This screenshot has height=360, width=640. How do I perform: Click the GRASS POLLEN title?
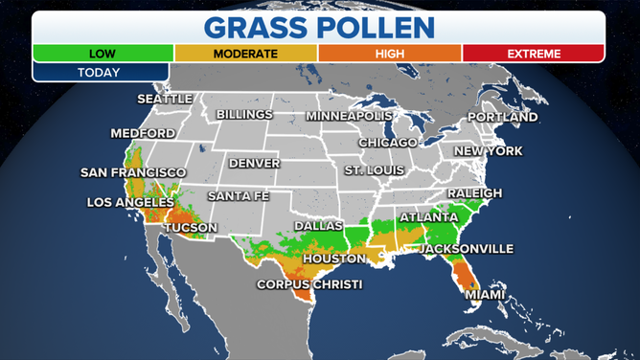[320, 26]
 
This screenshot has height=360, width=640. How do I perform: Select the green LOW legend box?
[103, 54]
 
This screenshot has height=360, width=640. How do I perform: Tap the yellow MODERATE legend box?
[245, 54]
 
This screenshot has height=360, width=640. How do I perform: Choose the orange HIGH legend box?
[389, 54]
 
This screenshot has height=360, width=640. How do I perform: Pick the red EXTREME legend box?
[533, 54]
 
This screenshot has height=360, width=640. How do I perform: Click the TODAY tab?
[100, 73]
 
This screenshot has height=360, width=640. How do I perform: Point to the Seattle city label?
[165, 99]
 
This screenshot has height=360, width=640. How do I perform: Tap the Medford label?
[143, 133]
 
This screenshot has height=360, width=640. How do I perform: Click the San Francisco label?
[132, 173]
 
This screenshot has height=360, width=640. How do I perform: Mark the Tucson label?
[191, 228]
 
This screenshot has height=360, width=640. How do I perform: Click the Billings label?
[244, 115]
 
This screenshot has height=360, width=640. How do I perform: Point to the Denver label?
[254, 164]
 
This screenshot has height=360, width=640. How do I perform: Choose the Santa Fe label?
[238, 196]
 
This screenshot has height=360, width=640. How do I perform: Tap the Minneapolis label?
[349, 116]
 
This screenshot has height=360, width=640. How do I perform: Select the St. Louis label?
[375, 170]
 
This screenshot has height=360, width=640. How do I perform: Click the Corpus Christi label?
[309, 285]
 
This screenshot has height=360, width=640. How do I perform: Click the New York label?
[488, 151]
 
